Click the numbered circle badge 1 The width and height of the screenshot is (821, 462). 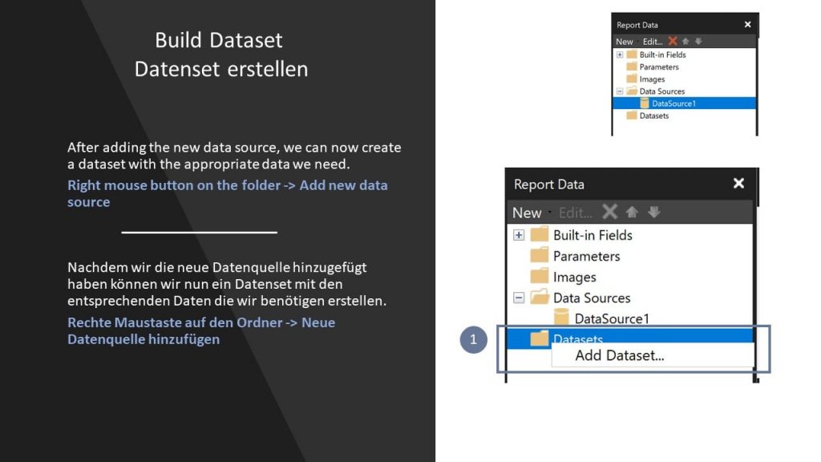[473, 339]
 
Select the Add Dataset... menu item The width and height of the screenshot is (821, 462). [620, 355]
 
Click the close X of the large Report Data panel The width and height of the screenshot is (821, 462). [738, 184]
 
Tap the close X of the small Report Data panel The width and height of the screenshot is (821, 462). [748, 25]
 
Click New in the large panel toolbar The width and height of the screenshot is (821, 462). [527, 213]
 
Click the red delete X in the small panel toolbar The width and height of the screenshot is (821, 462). [673, 41]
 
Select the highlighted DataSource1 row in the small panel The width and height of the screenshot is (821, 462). [685, 103]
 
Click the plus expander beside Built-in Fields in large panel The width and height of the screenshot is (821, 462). [519, 235]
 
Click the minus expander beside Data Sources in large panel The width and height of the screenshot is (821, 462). [519, 298]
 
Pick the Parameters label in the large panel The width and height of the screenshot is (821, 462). [586, 256]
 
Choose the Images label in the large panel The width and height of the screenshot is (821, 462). [574, 277]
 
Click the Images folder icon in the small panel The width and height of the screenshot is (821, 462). [632, 79]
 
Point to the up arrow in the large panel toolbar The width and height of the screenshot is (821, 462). [632, 212]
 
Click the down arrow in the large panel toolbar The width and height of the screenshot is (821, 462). [654, 212]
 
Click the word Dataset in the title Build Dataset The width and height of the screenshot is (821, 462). [246, 40]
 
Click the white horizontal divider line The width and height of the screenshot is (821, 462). [199, 232]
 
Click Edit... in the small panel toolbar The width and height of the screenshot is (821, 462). [653, 42]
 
